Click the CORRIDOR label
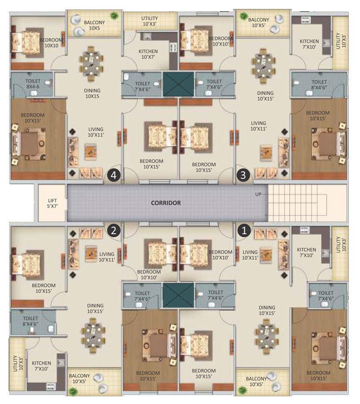pos(166,203)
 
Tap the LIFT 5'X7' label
pos(52,203)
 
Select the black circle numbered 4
pos(114,175)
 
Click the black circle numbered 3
pos(243,175)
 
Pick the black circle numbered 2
pos(114,230)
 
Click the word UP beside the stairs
pos(258,194)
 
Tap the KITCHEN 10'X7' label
pos(148,54)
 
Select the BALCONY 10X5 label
pos(94,25)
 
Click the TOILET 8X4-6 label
pos(33,84)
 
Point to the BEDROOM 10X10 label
pos(51,43)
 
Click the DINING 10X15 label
pos(92,93)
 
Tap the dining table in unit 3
pos(263,65)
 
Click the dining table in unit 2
pos(93,335)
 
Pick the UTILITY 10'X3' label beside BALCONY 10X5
pos(149,21)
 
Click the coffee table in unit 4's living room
pos(91,152)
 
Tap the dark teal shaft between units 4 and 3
pos(178,84)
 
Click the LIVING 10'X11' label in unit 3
pos(259,126)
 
